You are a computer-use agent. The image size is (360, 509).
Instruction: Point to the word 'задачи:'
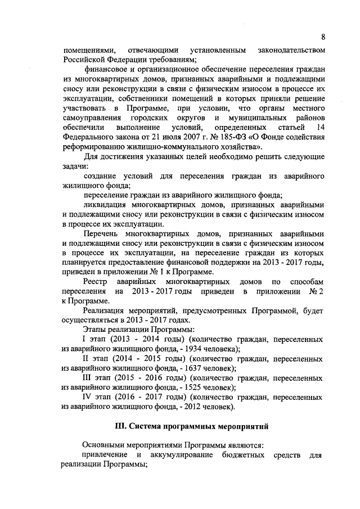74,166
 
